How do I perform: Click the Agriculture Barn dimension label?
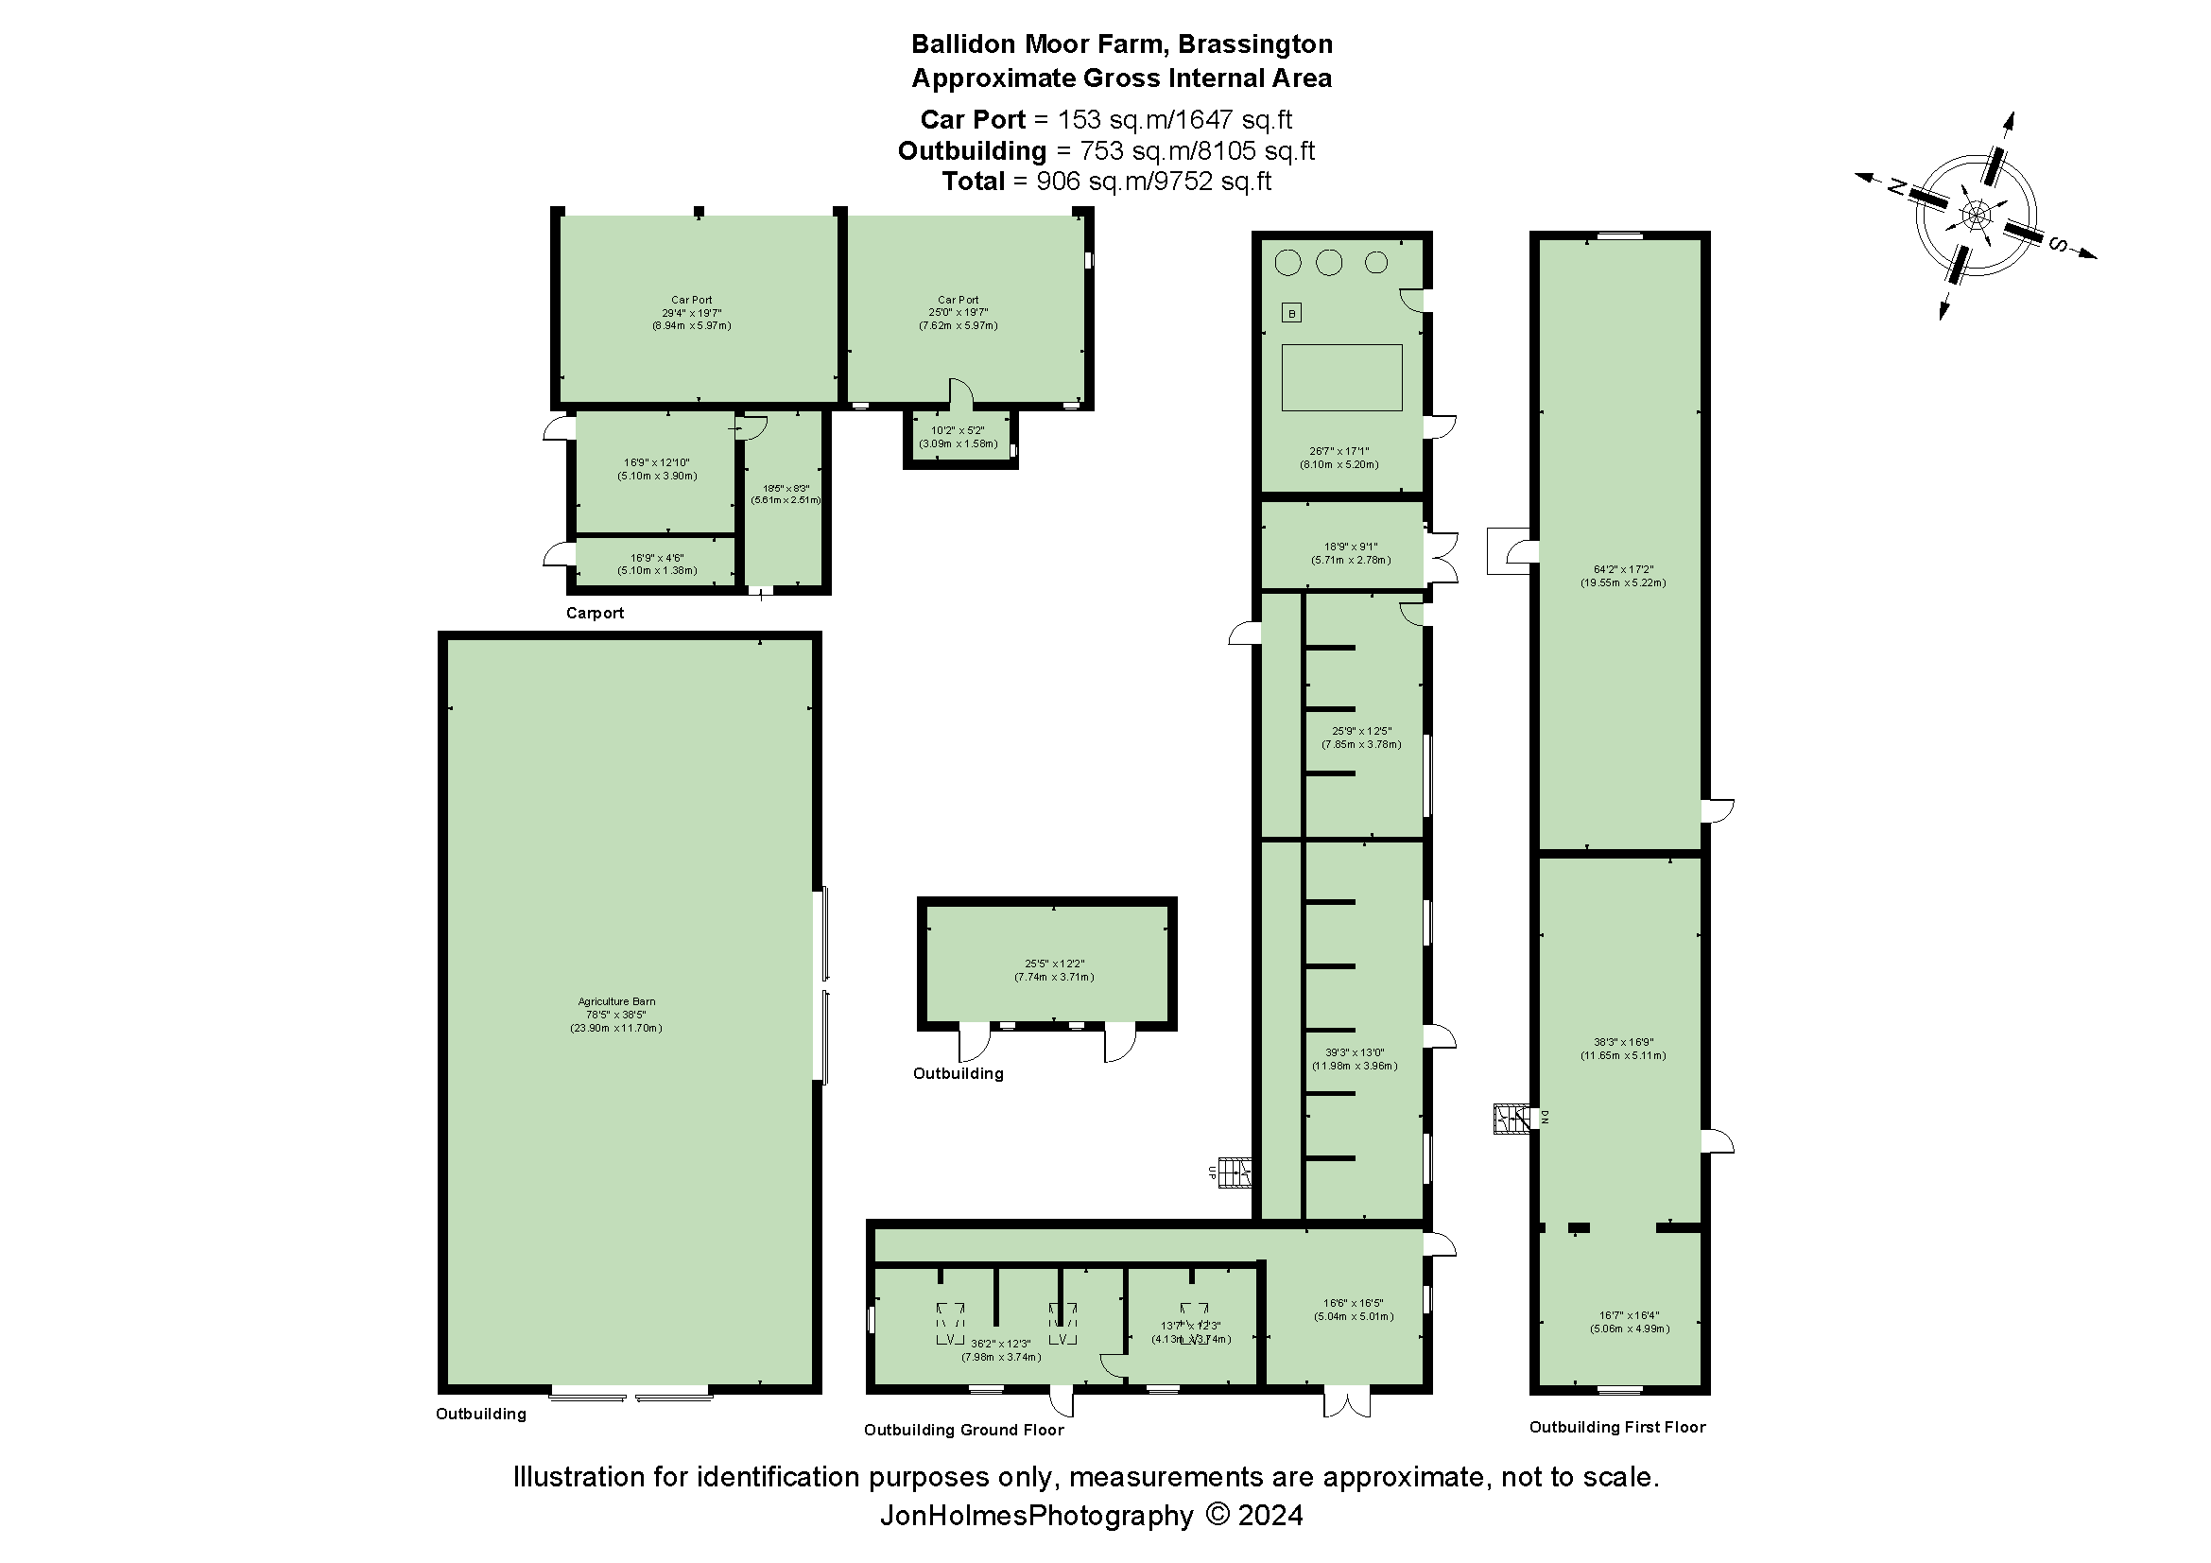click(615, 1014)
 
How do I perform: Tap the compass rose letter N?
click(1897, 187)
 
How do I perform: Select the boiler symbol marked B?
click(1291, 313)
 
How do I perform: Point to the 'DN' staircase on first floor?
click(1511, 1118)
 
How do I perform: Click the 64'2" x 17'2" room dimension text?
click(1623, 576)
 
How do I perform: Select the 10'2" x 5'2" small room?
click(958, 437)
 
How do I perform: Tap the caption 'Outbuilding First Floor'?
click(1616, 1427)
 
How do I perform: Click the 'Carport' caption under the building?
click(595, 613)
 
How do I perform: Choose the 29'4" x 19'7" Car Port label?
click(691, 313)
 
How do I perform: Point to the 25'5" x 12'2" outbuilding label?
click(1053, 970)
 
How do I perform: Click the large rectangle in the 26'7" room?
click(1341, 377)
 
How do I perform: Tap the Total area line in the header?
click(1106, 181)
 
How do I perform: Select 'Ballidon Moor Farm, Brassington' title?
click(1121, 44)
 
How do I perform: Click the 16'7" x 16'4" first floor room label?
click(1630, 1321)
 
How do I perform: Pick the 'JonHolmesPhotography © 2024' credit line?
click(1090, 1516)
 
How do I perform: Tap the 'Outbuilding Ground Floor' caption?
click(963, 1430)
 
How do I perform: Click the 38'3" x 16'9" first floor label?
click(1623, 1049)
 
